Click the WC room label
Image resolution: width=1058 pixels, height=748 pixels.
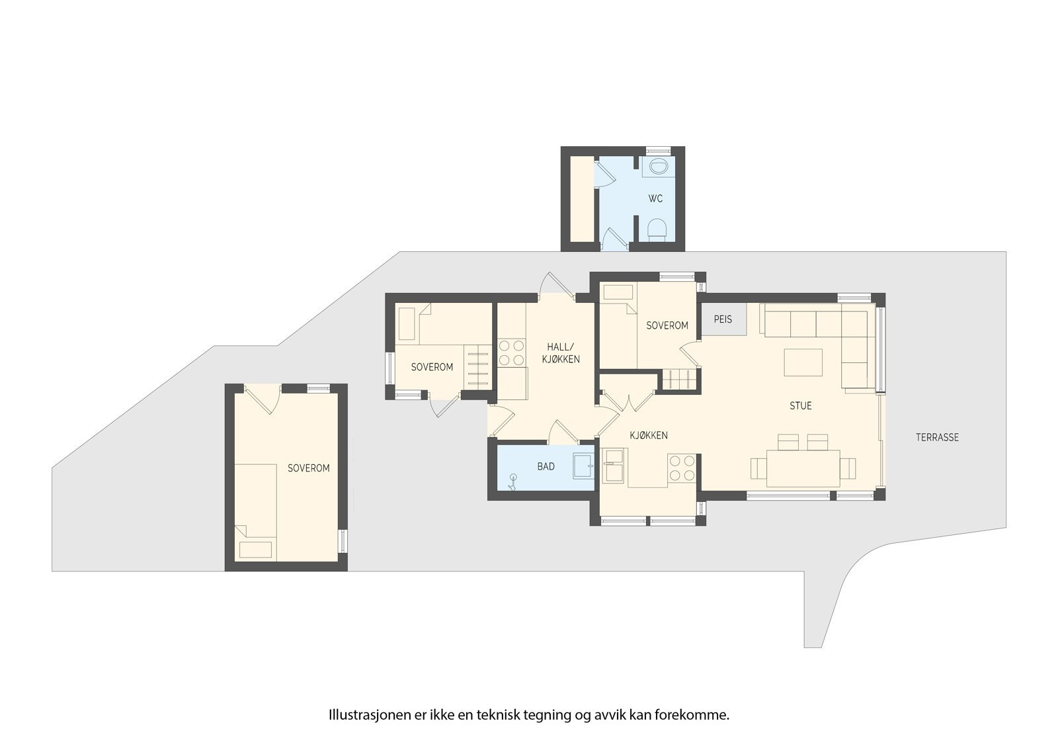pyautogui.click(x=655, y=198)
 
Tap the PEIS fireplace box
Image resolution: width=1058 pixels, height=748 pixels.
pyautogui.click(x=723, y=319)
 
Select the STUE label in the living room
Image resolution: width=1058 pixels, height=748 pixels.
pyautogui.click(x=800, y=405)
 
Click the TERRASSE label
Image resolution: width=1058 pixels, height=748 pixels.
pyautogui.click(x=937, y=437)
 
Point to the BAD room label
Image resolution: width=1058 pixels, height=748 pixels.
pyautogui.click(x=546, y=466)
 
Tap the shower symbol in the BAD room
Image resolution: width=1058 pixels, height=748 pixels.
pyautogui.click(x=513, y=481)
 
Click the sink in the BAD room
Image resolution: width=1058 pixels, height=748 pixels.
pyautogui.click(x=583, y=465)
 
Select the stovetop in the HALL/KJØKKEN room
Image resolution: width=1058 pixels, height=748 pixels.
pyautogui.click(x=510, y=353)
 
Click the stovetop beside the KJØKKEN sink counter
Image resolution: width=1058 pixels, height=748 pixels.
pyautogui.click(x=682, y=468)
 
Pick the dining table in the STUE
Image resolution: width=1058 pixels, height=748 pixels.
pyautogui.click(x=803, y=468)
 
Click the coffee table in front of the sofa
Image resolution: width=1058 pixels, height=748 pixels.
pyautogui.click(x=803, y=362)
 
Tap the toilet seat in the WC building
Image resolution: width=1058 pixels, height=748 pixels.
pyautogui.click(x=656, y=229)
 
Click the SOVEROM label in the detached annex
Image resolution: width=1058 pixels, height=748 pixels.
pyautogui.click(x=308, y=468)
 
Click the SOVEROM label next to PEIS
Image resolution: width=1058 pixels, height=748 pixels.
pyautogui.click(x=667, y=325)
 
